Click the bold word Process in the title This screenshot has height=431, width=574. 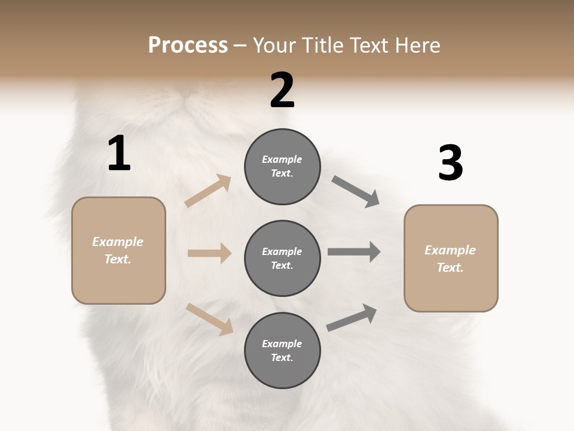[188, 45]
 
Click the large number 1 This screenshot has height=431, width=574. [119, 154]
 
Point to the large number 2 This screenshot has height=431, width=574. [282, 90]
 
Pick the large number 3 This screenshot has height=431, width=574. [450, 163]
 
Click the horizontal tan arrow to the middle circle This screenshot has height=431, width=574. [209, 253]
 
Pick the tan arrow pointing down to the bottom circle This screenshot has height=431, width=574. [209, 318]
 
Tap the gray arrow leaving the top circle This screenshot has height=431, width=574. [355, 192]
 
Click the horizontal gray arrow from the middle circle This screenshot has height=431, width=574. [354, 252]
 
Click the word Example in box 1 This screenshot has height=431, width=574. [118, 242]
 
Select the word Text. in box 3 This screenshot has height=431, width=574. [450, 268]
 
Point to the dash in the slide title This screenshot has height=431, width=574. [240, 45]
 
